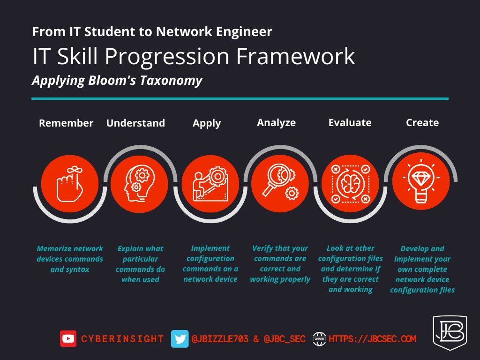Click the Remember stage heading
pos(66,123)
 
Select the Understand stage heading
pos(135,123)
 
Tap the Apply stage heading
pos(207,123)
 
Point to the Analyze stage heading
pos(276,123)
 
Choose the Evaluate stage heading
pos(350,123)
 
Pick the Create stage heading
pos(422,123)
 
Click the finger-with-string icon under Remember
pos(69,184)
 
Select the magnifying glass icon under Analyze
pos(280,183)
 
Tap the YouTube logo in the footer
pos(68,338)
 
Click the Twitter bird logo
pos(180,338)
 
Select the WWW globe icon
pos(320,338)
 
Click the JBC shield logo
pos(449,332)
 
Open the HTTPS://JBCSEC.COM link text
pos(373,338)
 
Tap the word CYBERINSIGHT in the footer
pos(122,339)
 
